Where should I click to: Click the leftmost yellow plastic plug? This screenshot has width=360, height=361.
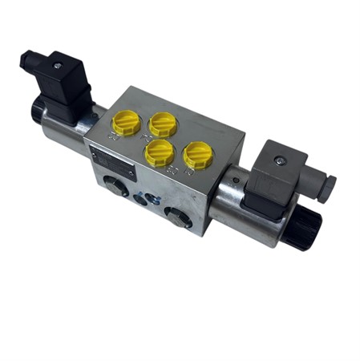[x=127, y=123]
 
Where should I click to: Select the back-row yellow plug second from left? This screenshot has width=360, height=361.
[x=163, y=123]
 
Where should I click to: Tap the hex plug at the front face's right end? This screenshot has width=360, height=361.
[x=177, y=214]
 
